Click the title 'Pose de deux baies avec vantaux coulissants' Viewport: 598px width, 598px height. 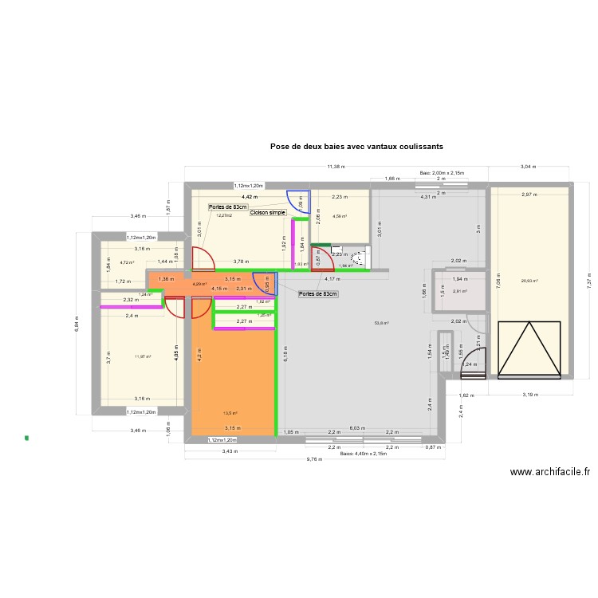[356, 147]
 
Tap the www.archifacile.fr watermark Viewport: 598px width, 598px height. [550, 471]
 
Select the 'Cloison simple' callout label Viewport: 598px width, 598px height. [267, 213]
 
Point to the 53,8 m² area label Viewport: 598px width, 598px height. [381, 323]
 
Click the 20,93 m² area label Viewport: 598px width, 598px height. [529, 281]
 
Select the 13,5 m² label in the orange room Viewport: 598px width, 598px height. [230, 413]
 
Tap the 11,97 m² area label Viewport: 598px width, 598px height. [143, 356]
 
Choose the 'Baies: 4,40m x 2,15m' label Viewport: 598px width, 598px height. [363, 453]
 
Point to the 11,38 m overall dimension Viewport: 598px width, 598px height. [335, 167]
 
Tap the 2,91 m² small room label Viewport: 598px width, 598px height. [460, 291]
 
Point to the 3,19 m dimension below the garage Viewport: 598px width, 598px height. [530, 394]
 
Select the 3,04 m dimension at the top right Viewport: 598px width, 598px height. [528, 167]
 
